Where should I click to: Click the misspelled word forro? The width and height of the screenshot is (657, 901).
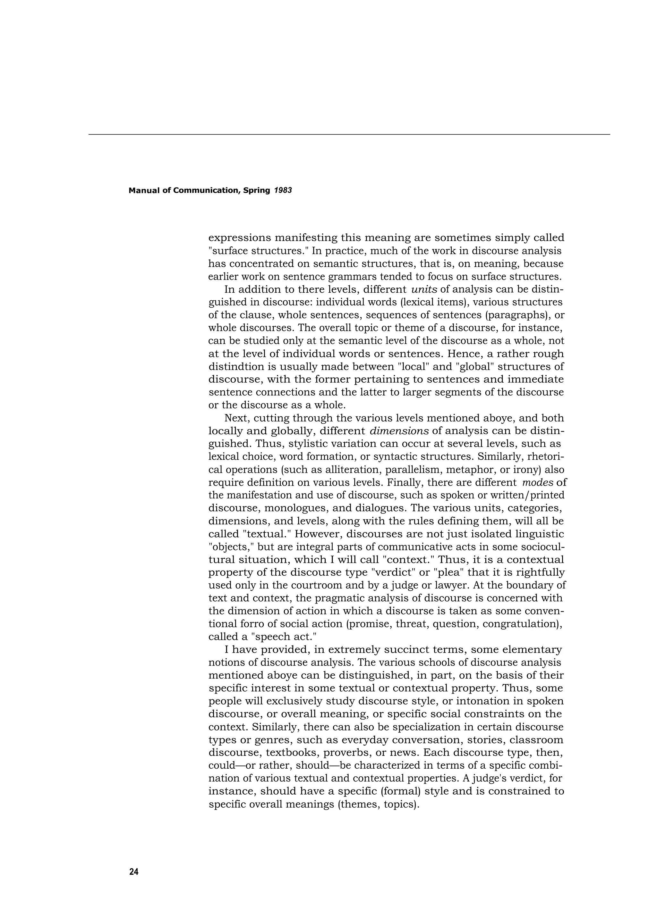pos(256,624)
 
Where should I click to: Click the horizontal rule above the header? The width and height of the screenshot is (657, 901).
pos(349,135)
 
